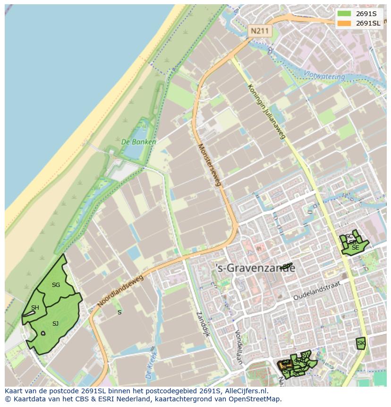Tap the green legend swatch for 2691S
pos(345,14)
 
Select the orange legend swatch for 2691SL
pos(345,23)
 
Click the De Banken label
pos(138,141)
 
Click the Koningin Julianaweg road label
pos(267,111)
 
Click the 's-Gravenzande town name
pos(255,268)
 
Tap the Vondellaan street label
pos(239,347)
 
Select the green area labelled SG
pos(56,285)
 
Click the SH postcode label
pos(35,308)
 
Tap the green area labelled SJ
pos(55,324)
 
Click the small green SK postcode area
pos(361,343)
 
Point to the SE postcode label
pos(355,247)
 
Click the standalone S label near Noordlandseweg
pos(119,312)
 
